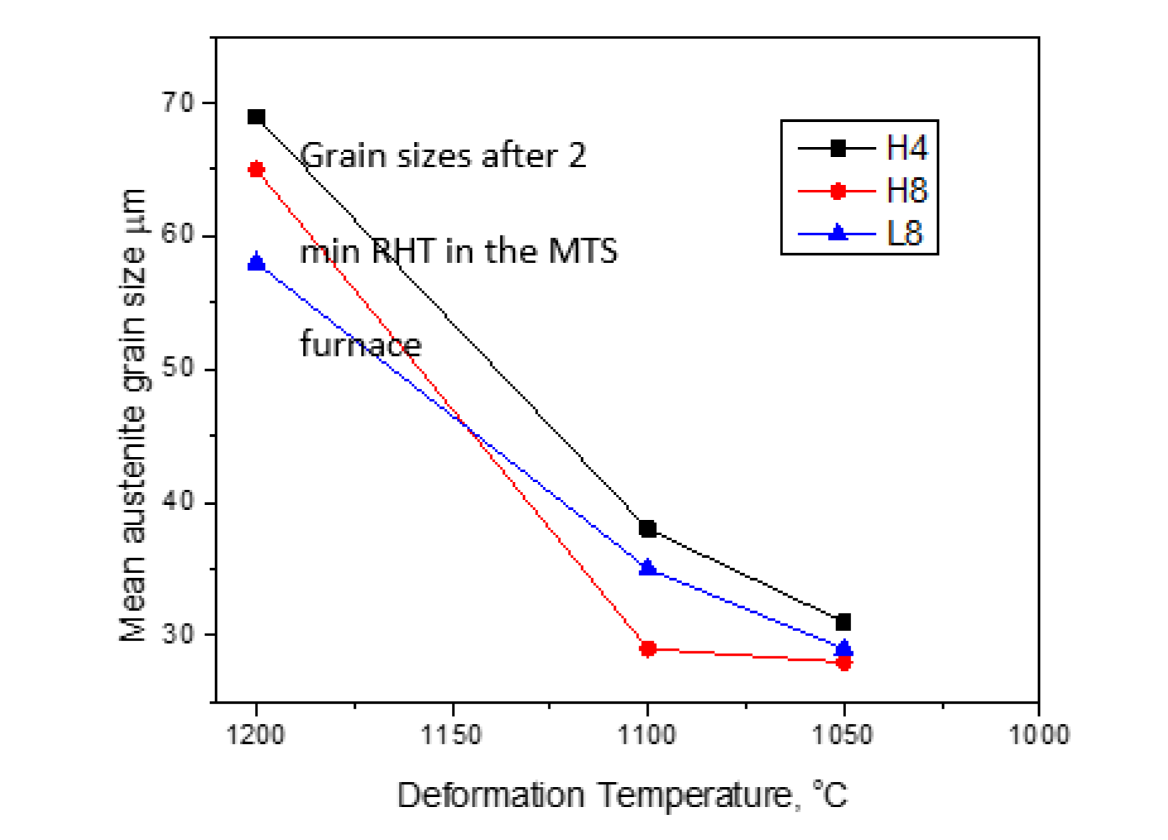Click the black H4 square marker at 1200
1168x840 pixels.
tap(256, 117)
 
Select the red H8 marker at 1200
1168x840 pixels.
tap(256, 169)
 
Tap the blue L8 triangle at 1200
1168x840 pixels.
tap(256, 261)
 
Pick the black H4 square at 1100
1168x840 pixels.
tap(647, 528)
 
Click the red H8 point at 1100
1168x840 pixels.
tap(647, 648)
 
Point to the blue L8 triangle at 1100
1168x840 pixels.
tap(647, 567)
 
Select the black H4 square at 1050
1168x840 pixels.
tap(844, 622)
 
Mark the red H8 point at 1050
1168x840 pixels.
tap(844, 662)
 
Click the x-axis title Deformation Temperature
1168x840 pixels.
tap(622, 795)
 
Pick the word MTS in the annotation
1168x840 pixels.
tap(582, 251)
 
